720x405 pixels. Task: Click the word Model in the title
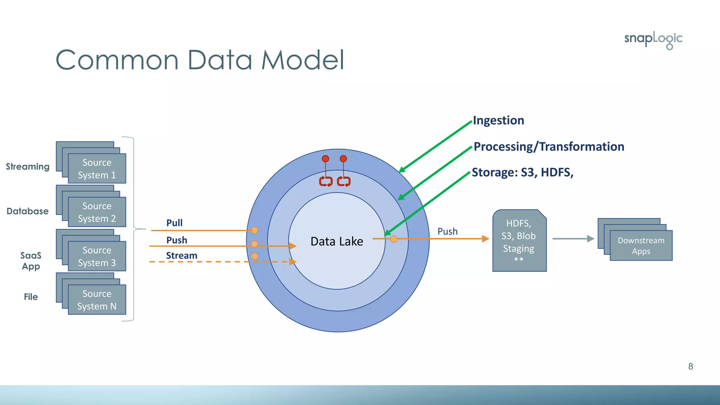coord(302,60)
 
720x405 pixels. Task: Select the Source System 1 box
coord(97,168)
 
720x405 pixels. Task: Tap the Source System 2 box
coord(97,212)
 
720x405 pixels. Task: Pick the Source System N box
coord(97,300)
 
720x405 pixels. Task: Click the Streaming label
coord(27,167)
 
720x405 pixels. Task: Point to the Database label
coord(27,211)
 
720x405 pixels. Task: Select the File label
coord(31,297)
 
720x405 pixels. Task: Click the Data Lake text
coord(336,242)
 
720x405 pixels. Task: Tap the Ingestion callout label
coord(498,121)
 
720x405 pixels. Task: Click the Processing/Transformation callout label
coord(548,147)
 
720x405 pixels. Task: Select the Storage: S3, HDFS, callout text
coord(522,173)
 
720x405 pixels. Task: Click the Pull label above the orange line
coord(174,223)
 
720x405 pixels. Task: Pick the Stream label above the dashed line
coord(181,256)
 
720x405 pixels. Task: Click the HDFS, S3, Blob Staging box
coord(519,241)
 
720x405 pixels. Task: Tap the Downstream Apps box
coord(641,245)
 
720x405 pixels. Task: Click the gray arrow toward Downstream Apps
coord(573,239)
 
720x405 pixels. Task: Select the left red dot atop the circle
coord(326,159)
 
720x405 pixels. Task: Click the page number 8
coord(690,366)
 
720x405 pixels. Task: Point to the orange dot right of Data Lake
coord(394,239)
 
